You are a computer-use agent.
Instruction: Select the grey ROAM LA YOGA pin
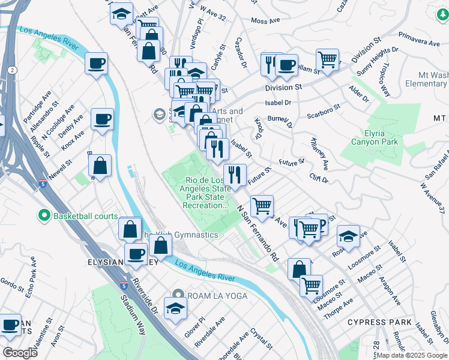coord(178,294)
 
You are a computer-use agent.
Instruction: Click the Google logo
coord(20,352)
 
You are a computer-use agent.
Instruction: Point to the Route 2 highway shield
coord(12,70)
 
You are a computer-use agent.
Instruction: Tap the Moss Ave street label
coord(266,20)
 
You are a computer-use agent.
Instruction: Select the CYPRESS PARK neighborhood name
coord(379,322)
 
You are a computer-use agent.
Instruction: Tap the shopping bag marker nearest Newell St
coord(101,166)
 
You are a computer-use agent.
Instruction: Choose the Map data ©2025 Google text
coord(411,355)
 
